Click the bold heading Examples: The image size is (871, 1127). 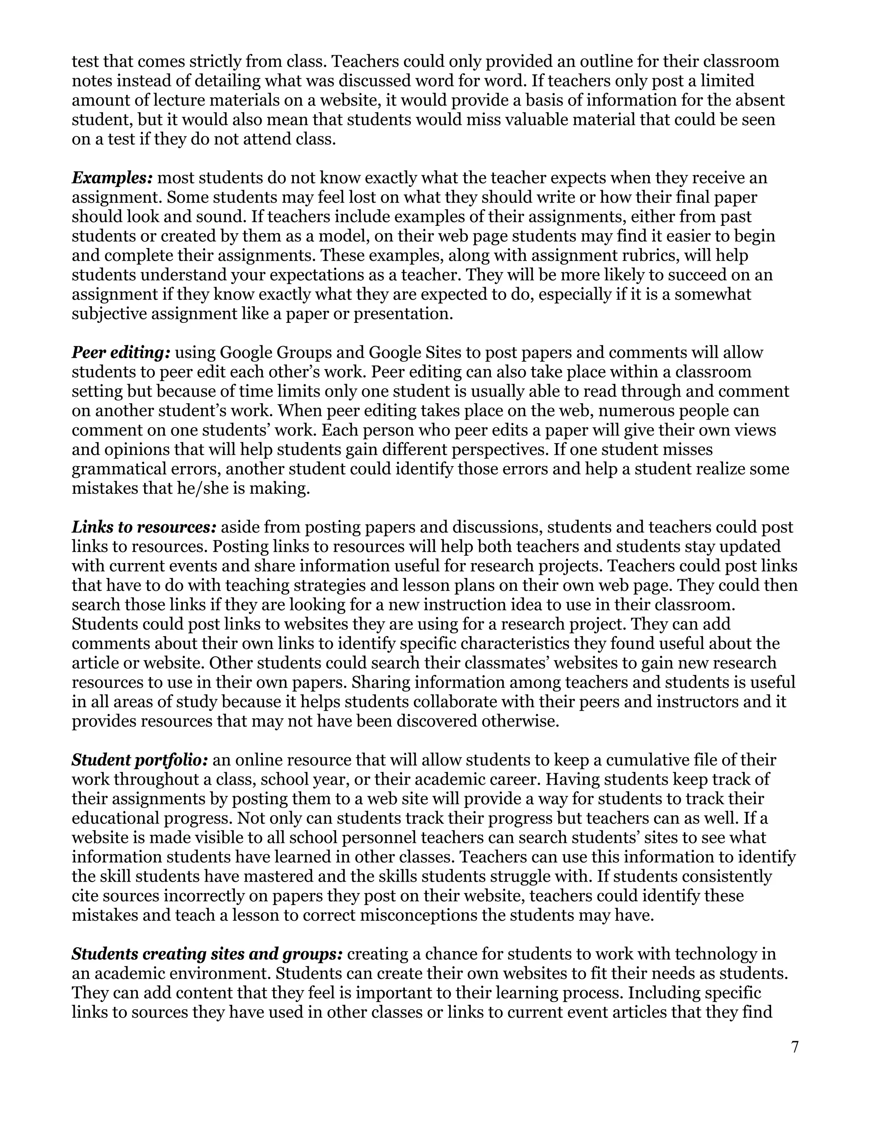pos(112,178)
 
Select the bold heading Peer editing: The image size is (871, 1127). pos(121,353)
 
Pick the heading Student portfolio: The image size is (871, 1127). pos(140,760)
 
